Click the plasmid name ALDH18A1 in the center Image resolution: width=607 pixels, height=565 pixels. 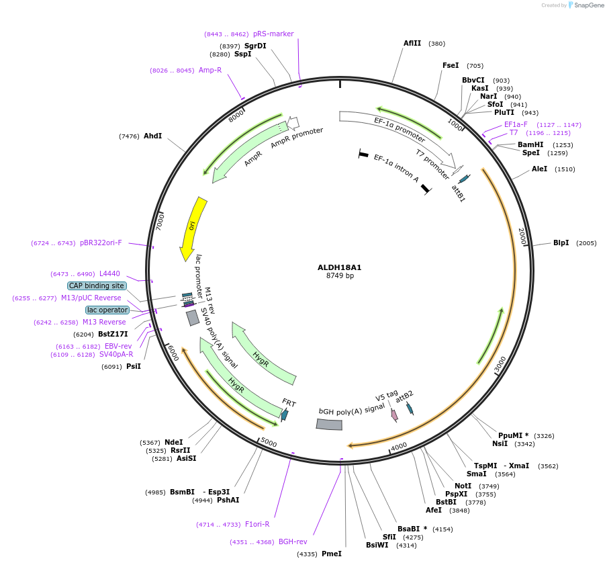click(339, 267)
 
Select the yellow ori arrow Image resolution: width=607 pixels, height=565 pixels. click(192, 228)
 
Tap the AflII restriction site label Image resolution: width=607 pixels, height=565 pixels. click(412, 43)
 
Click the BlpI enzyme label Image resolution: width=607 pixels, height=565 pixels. click(561, 243)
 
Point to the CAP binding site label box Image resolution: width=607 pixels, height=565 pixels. click(96, 286)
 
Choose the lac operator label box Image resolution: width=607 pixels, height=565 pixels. click(107, 310)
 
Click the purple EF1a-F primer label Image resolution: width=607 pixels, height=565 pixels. click(516, 124)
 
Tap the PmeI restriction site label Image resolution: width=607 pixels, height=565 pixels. click(332, 554)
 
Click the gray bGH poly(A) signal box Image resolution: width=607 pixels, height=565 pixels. click(329, 424)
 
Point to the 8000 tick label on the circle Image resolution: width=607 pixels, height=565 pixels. click(235, 116)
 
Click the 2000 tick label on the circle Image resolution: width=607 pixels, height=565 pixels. click(521, 236)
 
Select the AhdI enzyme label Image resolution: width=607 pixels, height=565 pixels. click(152, 136)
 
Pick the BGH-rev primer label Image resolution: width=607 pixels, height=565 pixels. click(293, 541)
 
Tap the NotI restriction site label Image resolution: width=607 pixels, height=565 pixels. click(463, 486)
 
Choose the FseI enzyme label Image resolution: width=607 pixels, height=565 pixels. click(451, 65)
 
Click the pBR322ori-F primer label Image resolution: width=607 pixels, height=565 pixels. click(101, 243)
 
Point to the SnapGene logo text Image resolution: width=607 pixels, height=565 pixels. click(589, 5)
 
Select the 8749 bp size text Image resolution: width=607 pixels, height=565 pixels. click(340, 275)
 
